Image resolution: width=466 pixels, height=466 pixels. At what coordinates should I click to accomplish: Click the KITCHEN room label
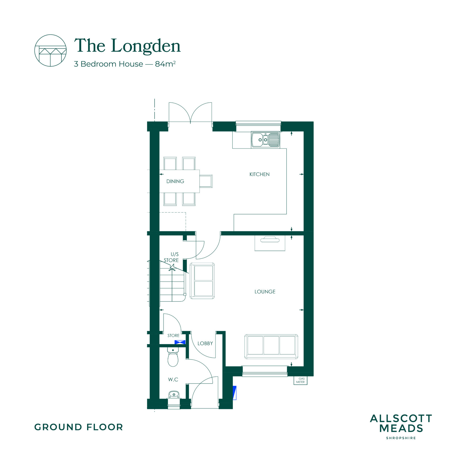(x=259, y=174)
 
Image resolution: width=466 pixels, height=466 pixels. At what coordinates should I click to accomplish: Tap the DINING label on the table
(x=175, y=181)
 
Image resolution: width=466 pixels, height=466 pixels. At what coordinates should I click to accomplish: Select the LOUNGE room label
(x=265, y=292)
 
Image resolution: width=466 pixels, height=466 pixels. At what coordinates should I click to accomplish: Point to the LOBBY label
(x=205, y=344)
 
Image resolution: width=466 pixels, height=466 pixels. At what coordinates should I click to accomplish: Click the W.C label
(x=173, y=380)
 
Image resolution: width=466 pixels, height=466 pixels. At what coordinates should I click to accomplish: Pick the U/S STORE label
(x=171, y=257)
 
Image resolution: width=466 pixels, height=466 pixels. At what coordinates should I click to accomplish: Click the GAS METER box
(x=300, y=380)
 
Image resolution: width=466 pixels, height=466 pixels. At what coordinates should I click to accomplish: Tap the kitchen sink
(x=265, y=140)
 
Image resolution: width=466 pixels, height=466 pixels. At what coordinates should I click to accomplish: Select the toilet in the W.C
(x=173, y=357)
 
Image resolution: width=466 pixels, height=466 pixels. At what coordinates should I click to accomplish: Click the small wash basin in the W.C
(x=174, y=395)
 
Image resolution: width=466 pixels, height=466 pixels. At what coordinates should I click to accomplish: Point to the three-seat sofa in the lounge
(x=271, y=346)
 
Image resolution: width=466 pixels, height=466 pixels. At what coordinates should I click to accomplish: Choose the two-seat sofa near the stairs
(x=202, y=281)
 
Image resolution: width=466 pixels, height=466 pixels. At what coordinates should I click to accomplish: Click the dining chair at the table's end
(x=206, y=181)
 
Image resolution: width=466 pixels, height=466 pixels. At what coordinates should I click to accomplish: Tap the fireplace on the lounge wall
(x=270, y=243)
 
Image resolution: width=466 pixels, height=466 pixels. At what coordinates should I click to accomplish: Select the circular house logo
(x=50, y=50)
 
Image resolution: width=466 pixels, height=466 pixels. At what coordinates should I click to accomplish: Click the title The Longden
(x=127, y=46)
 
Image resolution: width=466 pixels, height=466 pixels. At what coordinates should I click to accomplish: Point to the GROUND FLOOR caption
(x=79, y=427)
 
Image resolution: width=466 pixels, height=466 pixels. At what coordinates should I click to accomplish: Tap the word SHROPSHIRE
(x=401, y=438)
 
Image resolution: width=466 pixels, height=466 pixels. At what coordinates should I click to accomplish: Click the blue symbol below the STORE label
(x=180, y=342)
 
